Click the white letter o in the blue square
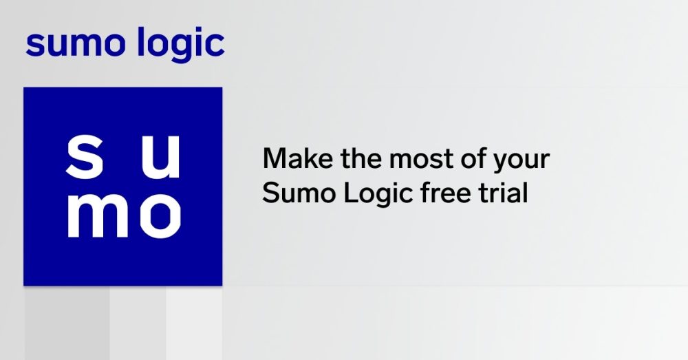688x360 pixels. pos(160,215)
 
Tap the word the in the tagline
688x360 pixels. pos(351,159)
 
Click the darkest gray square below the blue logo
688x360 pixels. pos(67,323)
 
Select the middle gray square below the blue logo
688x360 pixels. pos(138,323)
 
